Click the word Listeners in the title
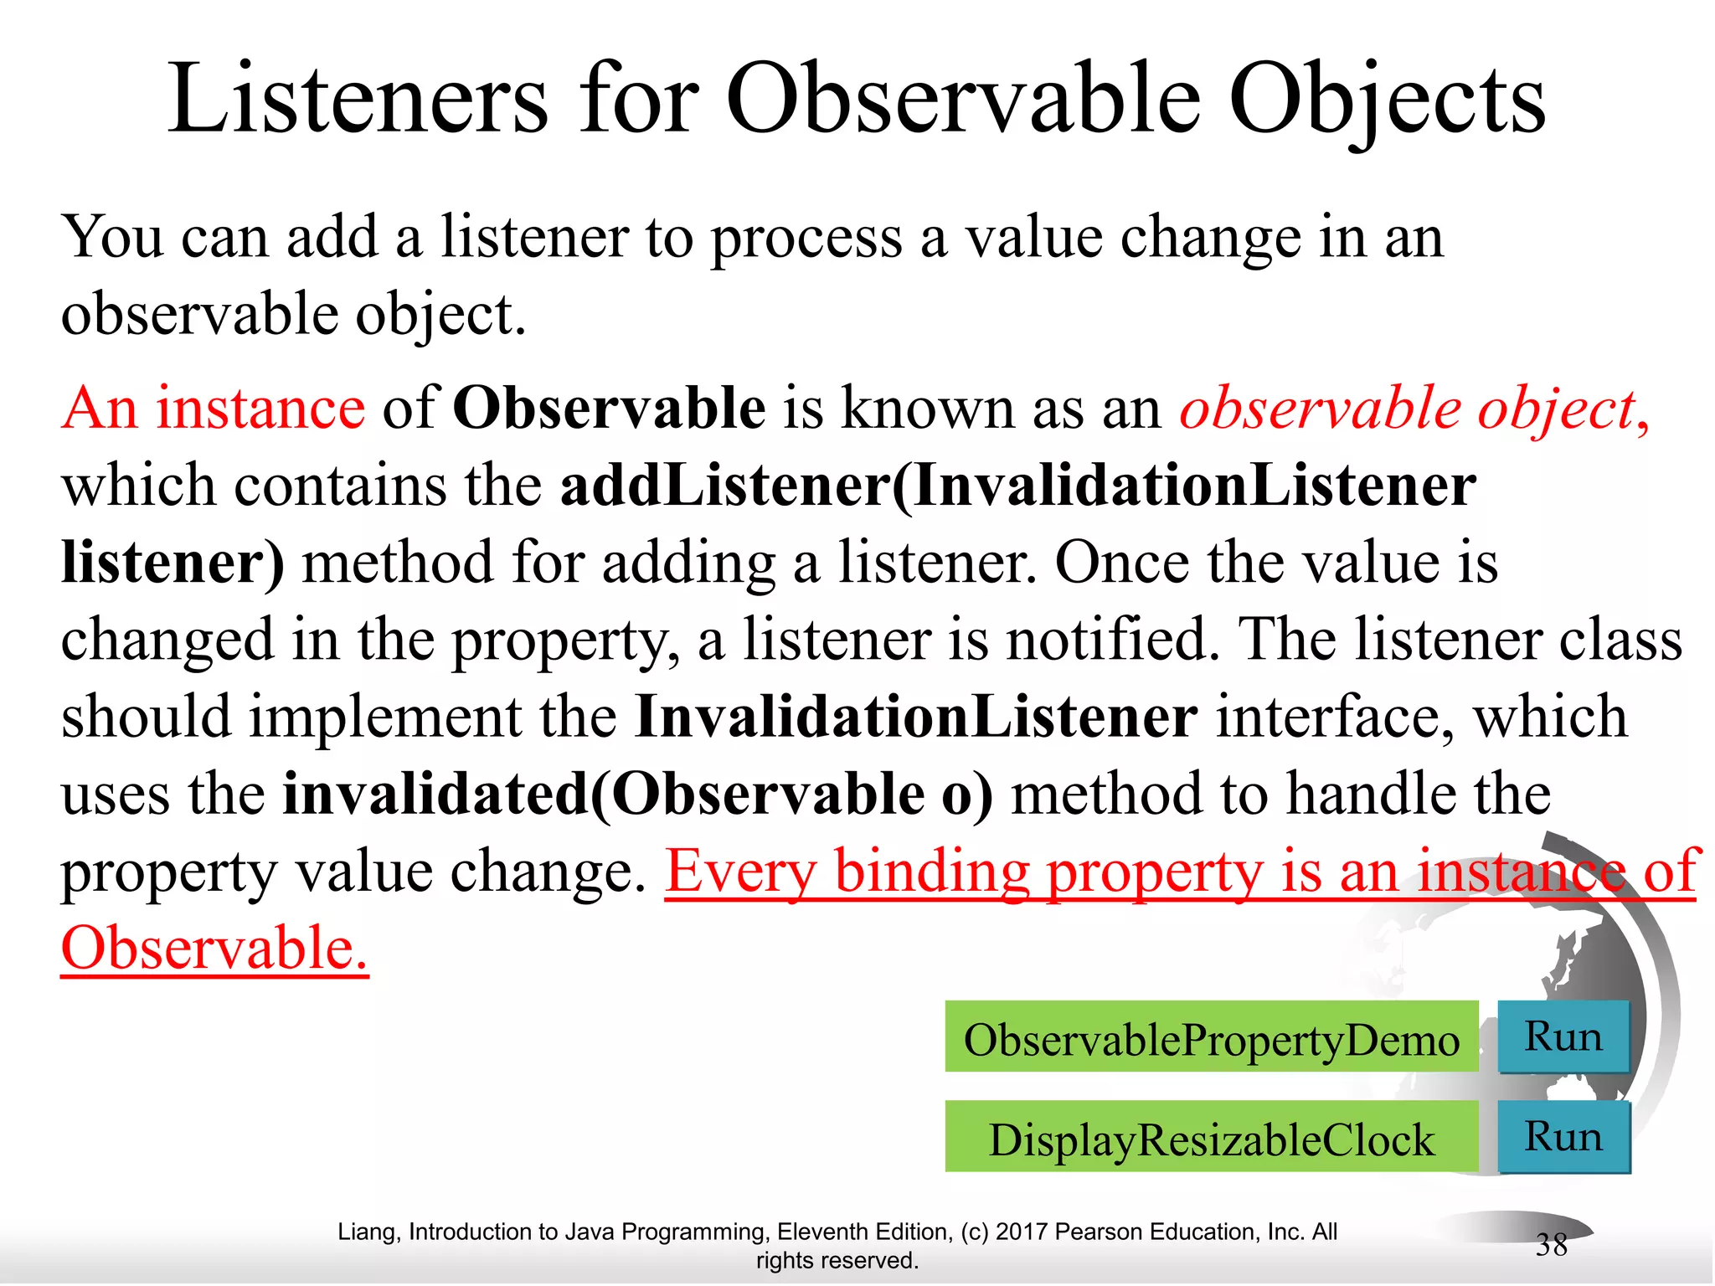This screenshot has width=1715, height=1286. coord(358,100)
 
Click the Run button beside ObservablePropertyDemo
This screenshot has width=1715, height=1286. coord(1563,1037)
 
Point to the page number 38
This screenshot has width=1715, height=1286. coord(1551,1245)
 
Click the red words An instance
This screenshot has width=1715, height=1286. coord(214,409)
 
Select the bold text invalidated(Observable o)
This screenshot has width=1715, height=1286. coord(637,794)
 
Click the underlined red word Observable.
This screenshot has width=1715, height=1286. coord(214,949)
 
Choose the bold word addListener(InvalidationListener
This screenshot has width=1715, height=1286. coord(1017,486)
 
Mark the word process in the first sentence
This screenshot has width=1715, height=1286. coord(806,239)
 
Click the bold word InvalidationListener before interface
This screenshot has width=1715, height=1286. coord(916,718)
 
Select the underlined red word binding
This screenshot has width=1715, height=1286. coord(931,872)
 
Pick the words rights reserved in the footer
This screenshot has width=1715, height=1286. coord(837,1260)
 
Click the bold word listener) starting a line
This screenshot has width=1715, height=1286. coord(173,563)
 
